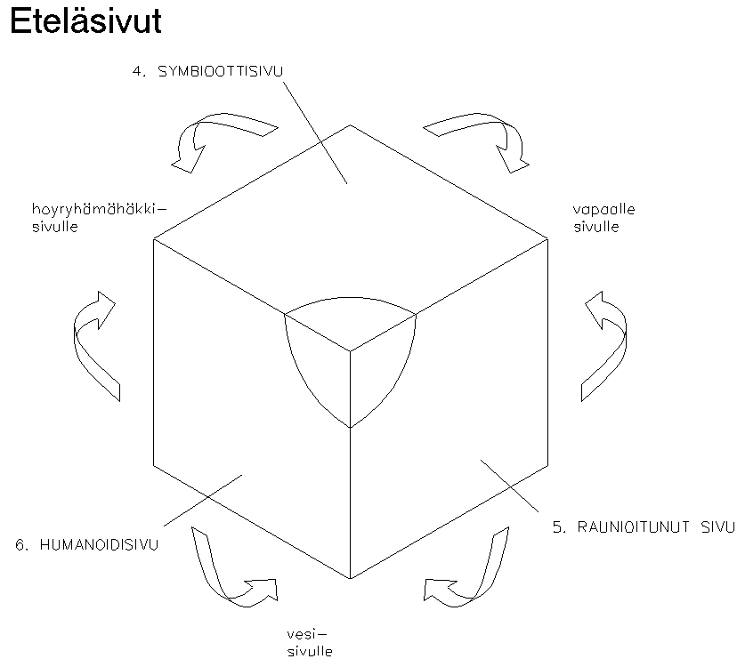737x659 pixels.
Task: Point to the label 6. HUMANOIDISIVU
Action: point(86,544)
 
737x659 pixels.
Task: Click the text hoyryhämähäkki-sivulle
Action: point(98,218)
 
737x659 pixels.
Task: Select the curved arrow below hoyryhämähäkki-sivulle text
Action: point(93,342)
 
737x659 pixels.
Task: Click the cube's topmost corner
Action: point(349,125)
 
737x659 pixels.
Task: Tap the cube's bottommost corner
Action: point(349,579)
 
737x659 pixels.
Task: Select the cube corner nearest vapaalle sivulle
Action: point(547,239)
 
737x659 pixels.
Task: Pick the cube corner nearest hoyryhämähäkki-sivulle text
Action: point(153,239)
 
